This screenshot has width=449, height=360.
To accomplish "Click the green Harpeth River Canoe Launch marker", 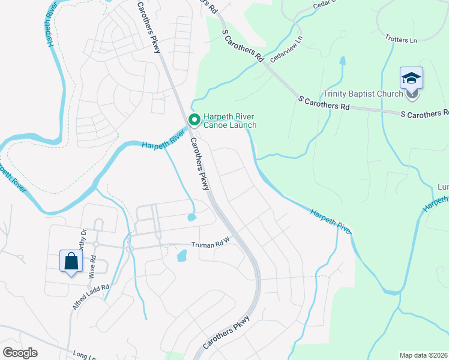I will (194, 120).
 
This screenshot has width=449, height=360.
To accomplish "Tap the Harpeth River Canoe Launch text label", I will (230, 121).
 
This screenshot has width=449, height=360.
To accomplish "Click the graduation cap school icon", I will (411, 79).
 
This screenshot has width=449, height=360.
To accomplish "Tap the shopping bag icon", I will (71, 261).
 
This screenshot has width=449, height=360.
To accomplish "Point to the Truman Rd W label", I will (211, 245).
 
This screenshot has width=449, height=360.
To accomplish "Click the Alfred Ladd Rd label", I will (91, 297).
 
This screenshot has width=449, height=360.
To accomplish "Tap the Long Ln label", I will (83, 355).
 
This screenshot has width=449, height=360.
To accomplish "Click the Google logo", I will (20, 353).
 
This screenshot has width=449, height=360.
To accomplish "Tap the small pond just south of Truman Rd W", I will (181, 256).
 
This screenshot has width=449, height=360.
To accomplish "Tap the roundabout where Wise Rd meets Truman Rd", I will (95, 244).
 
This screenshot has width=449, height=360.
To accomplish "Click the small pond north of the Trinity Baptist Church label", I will (342, 61).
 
